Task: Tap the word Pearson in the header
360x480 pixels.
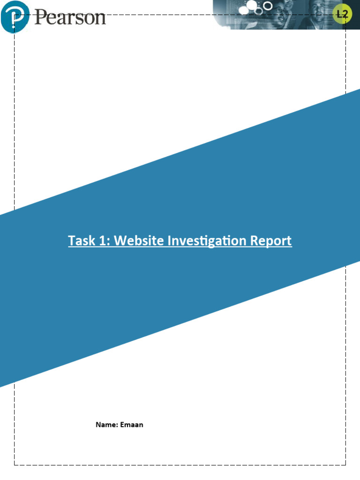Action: (70, 18)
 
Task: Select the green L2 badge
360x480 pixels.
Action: (342, 15)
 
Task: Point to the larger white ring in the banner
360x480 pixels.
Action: (268, 6)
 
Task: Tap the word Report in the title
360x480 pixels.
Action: (271, 241)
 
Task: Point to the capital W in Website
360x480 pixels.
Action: (120, 241)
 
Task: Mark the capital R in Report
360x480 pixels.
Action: (254, 241)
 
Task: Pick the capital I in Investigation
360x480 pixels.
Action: (169, 241)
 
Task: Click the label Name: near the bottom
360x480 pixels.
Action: (106, 425)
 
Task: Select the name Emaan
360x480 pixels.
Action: (132, 425)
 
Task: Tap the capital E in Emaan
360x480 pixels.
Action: (122, 425)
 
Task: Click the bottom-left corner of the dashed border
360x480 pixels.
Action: (15, 465)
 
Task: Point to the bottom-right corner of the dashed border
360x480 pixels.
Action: (346, 465)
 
